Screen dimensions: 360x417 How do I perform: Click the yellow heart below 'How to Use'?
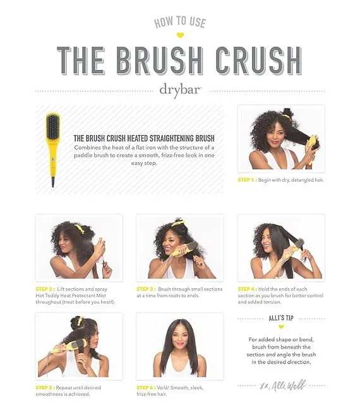click(x=180, y=35)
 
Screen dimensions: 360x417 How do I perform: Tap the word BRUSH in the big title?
click(x=160, y=61)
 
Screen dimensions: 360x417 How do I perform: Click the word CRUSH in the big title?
click(x=258, y=61)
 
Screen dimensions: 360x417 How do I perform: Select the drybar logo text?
click(x=180, y=91)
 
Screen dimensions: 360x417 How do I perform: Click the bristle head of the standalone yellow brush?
click(x=52, y=126)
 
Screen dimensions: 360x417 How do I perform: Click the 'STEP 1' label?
click(x=247, y=180)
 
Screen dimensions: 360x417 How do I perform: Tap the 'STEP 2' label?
click(x=45, y=289)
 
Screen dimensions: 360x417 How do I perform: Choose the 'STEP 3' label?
click(x=146, y=289)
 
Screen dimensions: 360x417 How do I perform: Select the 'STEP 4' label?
click(x=248, y=289)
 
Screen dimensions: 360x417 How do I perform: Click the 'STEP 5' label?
click(x=45, y=388)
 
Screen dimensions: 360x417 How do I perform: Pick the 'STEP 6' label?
click(x=146, y=388)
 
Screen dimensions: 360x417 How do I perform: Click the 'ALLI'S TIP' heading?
click(x=281, y=318)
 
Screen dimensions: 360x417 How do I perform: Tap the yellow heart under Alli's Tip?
click(x=281, y=327)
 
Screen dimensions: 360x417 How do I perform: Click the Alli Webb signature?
click(x=283, y=385)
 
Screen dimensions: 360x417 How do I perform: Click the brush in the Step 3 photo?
click(x=184, y=249)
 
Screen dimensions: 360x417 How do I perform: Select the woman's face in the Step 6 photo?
click(x=180, y=336)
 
